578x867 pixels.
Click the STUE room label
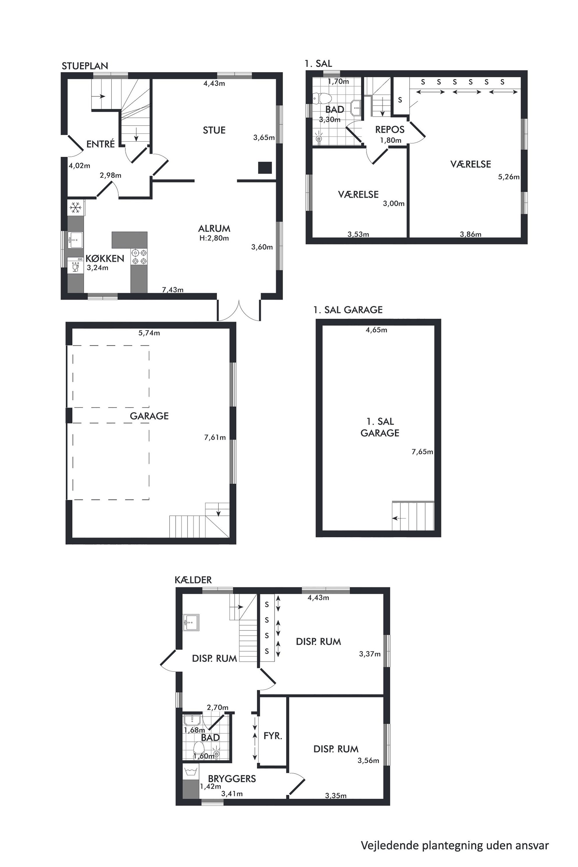214,130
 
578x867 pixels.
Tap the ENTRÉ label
101,144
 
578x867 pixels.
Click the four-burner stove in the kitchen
139,257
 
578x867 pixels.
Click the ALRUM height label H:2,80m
214,238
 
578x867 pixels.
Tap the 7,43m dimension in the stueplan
172,290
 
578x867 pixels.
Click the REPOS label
390,130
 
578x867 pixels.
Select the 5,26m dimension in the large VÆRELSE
509,177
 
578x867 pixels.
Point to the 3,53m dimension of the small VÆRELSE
358,234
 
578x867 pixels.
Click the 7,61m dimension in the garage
215,438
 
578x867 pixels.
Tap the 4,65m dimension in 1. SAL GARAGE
376,330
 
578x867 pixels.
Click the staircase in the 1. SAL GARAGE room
413,516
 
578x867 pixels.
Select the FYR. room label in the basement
273,736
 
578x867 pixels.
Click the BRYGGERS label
232,778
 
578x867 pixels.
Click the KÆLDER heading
193,580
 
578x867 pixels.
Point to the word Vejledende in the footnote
390,843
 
